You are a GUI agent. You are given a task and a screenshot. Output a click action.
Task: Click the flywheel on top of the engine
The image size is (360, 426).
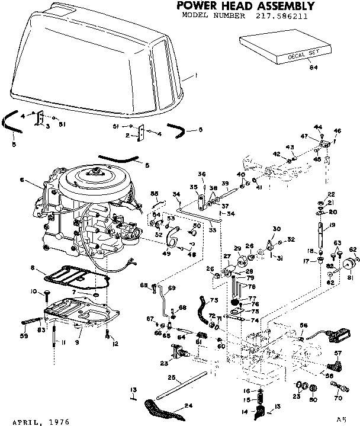point(95,178)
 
